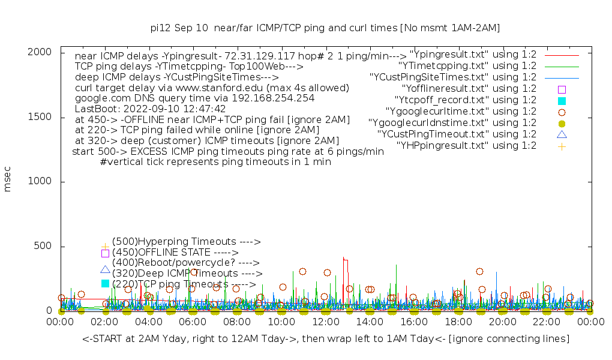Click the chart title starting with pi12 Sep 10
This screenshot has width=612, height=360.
325,28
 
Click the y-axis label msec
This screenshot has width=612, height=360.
8,181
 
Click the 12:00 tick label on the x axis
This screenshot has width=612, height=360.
325,322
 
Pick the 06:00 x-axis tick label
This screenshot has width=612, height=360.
193,322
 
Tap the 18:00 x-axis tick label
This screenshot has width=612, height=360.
458,322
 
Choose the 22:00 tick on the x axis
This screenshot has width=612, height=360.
546,322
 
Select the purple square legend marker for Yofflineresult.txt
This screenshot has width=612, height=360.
562,89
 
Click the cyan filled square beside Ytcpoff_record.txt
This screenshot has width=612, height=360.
562,100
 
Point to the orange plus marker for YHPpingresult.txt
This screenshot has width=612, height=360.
562,146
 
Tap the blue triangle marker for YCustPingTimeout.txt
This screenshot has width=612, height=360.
562,134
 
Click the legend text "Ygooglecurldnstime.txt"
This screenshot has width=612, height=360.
452,122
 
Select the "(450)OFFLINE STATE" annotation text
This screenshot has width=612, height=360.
175,253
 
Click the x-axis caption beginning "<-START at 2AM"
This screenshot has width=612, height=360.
326,339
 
